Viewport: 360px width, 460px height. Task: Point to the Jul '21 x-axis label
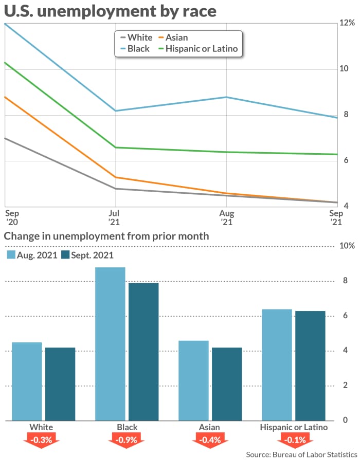click(x=114, y=217)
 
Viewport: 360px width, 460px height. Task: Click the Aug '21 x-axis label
click(x=226, y=217)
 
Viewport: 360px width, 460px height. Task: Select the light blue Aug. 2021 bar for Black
click(x=110, y=344)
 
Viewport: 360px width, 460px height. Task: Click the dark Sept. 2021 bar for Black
click(x=143, y=352)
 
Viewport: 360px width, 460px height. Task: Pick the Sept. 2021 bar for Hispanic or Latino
click(x=310, y=365)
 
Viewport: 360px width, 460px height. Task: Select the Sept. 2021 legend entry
click(x=87, y=255)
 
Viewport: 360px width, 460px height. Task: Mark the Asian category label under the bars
click(x=209, y=427)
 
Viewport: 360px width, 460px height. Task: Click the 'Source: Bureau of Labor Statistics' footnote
click(x=301, y=455)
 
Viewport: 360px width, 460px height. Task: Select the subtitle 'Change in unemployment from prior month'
click(x=106, y=236)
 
